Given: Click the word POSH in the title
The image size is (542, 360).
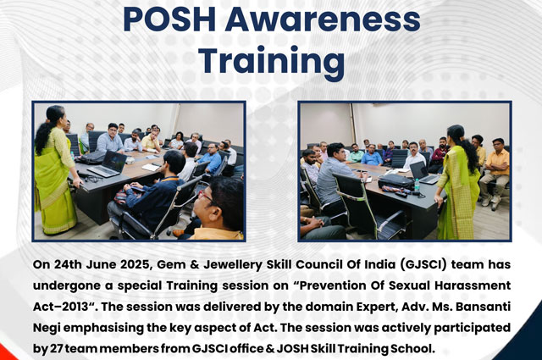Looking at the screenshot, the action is [169, 19].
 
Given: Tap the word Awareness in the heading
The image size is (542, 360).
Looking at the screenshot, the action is [323, 19].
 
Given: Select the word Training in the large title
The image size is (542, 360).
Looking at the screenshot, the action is [273, 60].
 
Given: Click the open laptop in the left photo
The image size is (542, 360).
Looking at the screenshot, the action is [108, 164].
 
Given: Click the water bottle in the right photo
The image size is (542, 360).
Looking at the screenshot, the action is [417, 186].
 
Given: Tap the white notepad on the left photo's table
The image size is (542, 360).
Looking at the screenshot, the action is [151, 167].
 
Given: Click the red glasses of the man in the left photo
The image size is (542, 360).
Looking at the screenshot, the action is [205, 197].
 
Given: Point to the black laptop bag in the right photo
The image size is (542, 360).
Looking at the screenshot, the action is [396, 181].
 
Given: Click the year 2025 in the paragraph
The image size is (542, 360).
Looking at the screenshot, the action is [136, 265].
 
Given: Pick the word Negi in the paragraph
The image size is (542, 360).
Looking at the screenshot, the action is [47, 328].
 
